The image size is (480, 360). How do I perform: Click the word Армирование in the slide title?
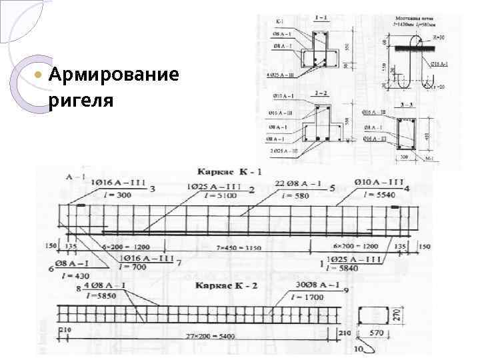(114, 73)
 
